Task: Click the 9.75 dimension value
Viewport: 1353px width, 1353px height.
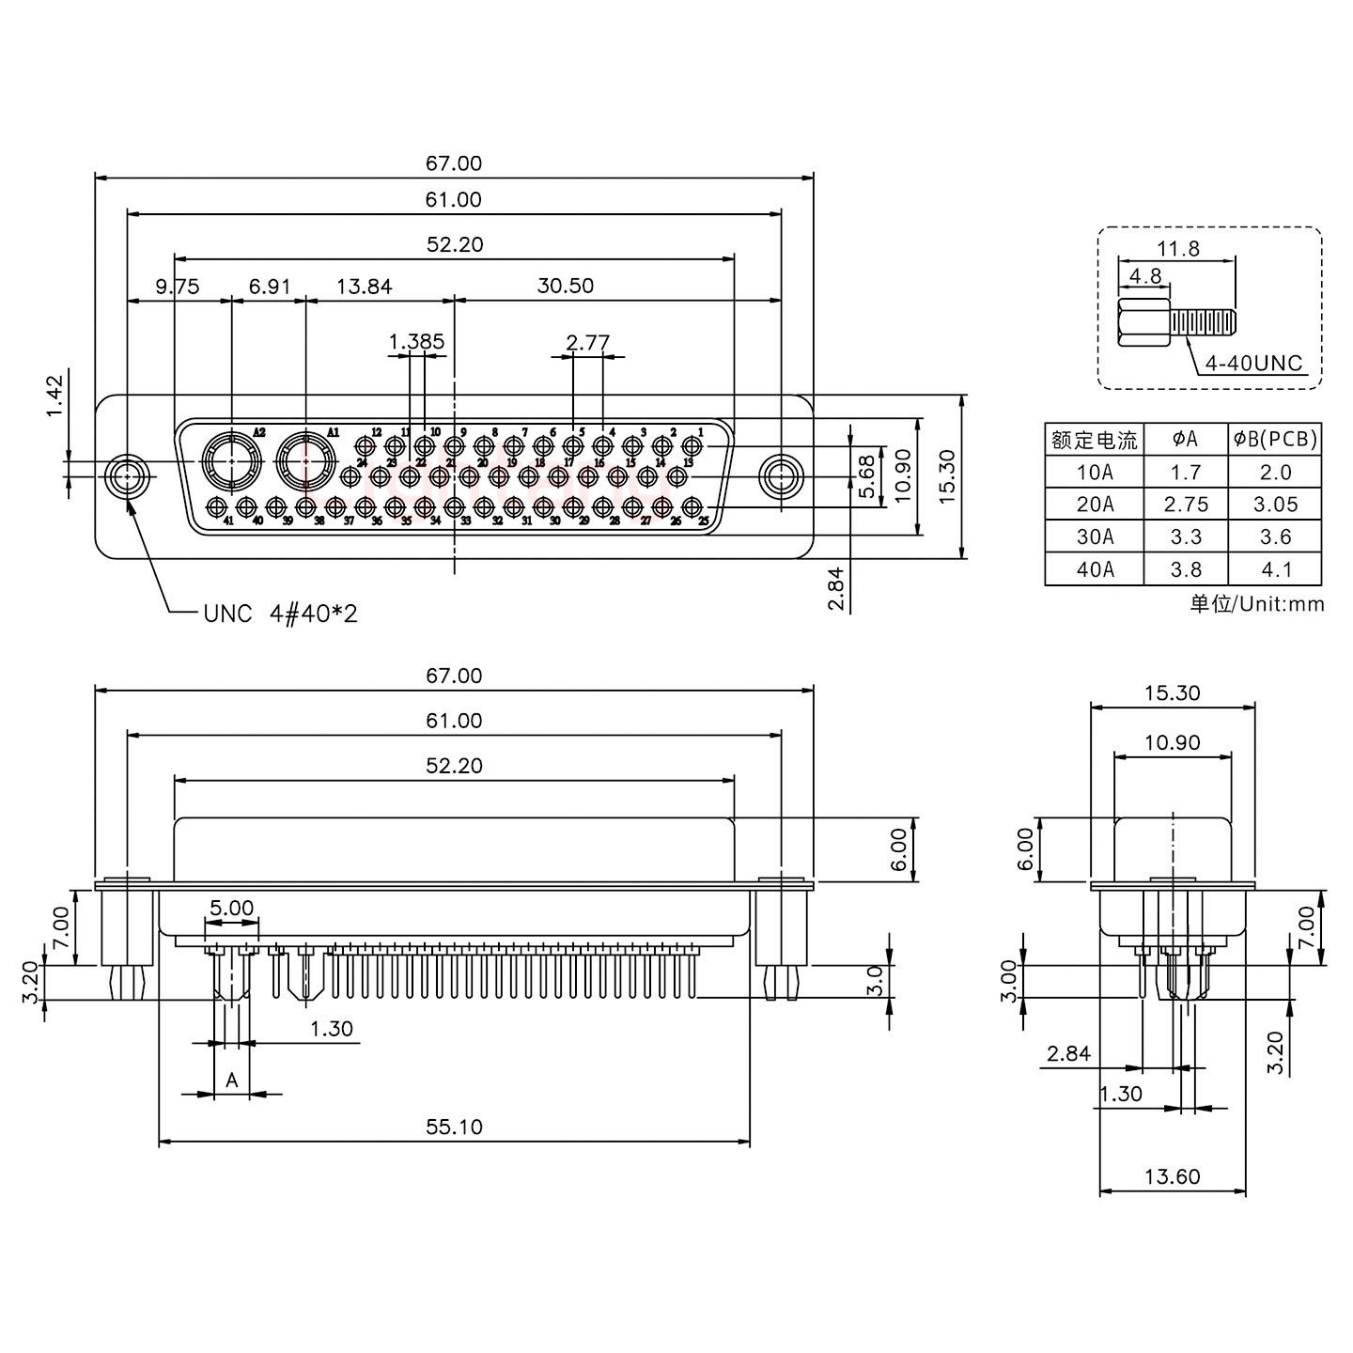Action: pos(178,286)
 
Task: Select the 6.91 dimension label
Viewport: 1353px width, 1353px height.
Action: pos(269,286)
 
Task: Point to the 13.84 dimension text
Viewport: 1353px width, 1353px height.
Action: pos(364,286)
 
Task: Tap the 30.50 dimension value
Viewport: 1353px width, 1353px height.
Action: pos(565,286)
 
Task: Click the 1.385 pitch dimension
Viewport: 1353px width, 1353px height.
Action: pos(416,342)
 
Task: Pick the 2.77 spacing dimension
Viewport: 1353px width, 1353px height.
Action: pos(588,342)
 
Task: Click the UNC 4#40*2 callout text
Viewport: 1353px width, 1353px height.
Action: pos(280,614)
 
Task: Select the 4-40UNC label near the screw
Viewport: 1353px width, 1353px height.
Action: pos(1254,363)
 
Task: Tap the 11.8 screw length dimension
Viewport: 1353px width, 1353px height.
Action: pos(1177,249)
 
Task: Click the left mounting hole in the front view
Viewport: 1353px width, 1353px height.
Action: pos(125,477)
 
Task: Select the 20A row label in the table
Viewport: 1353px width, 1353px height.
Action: pos(1095,505)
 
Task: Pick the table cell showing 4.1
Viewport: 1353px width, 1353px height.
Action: pos(1275,569)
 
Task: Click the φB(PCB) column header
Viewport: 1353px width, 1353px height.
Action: pos(1275,439)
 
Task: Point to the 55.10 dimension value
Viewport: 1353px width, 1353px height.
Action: pos(454,1127)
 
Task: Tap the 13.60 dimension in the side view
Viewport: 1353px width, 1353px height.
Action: pos(1172,1176)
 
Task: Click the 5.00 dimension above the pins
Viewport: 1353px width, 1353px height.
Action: pos(231,908)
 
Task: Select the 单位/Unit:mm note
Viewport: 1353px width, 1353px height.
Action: pos(1256,603)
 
